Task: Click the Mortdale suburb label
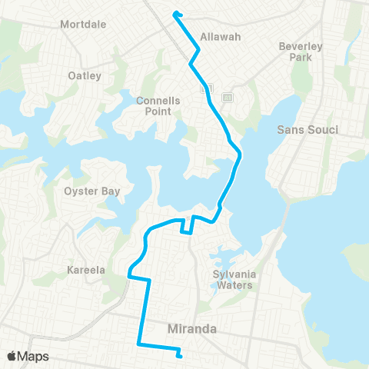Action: click(83, 24)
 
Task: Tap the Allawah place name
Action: click(220, 36)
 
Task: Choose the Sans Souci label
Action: click(307, 129)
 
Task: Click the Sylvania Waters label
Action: click(234, 280)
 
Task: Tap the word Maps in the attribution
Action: click(34, 356)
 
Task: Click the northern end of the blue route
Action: click(177, 12)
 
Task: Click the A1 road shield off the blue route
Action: click(227, 98)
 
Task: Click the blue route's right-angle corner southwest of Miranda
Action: click(138, 342)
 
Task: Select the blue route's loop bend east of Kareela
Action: click(131, 271)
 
